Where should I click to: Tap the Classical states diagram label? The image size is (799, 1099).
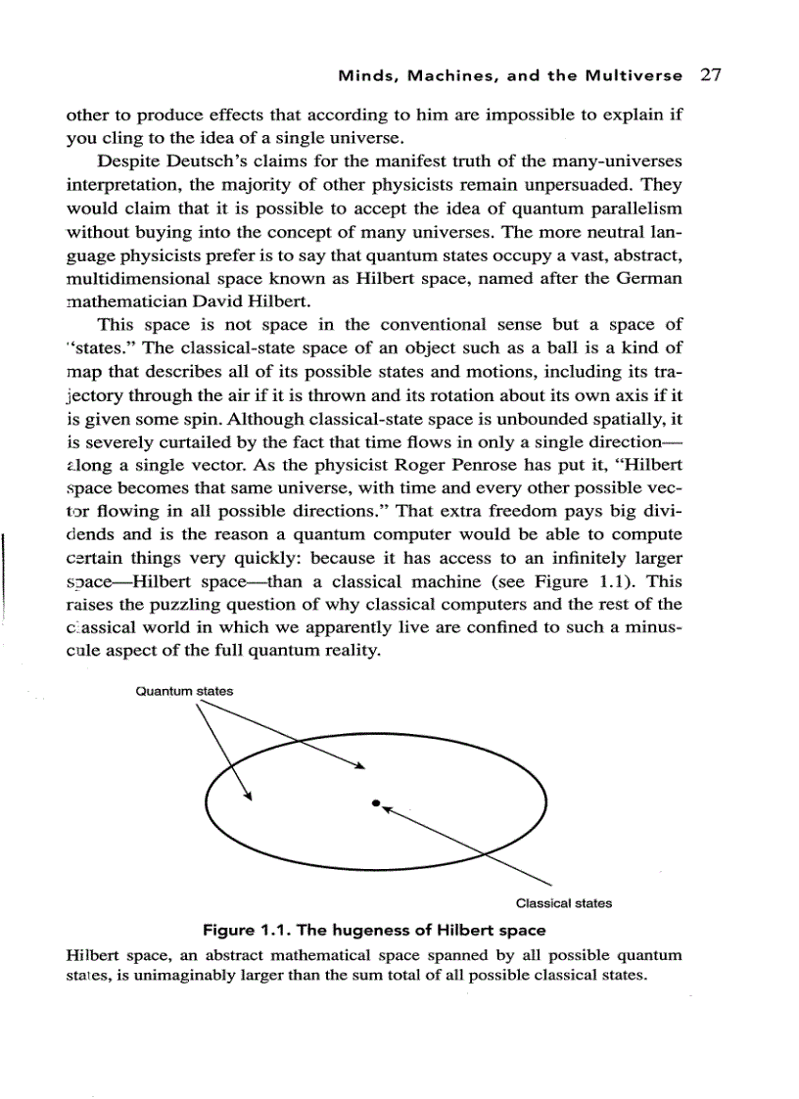(563, 903)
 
